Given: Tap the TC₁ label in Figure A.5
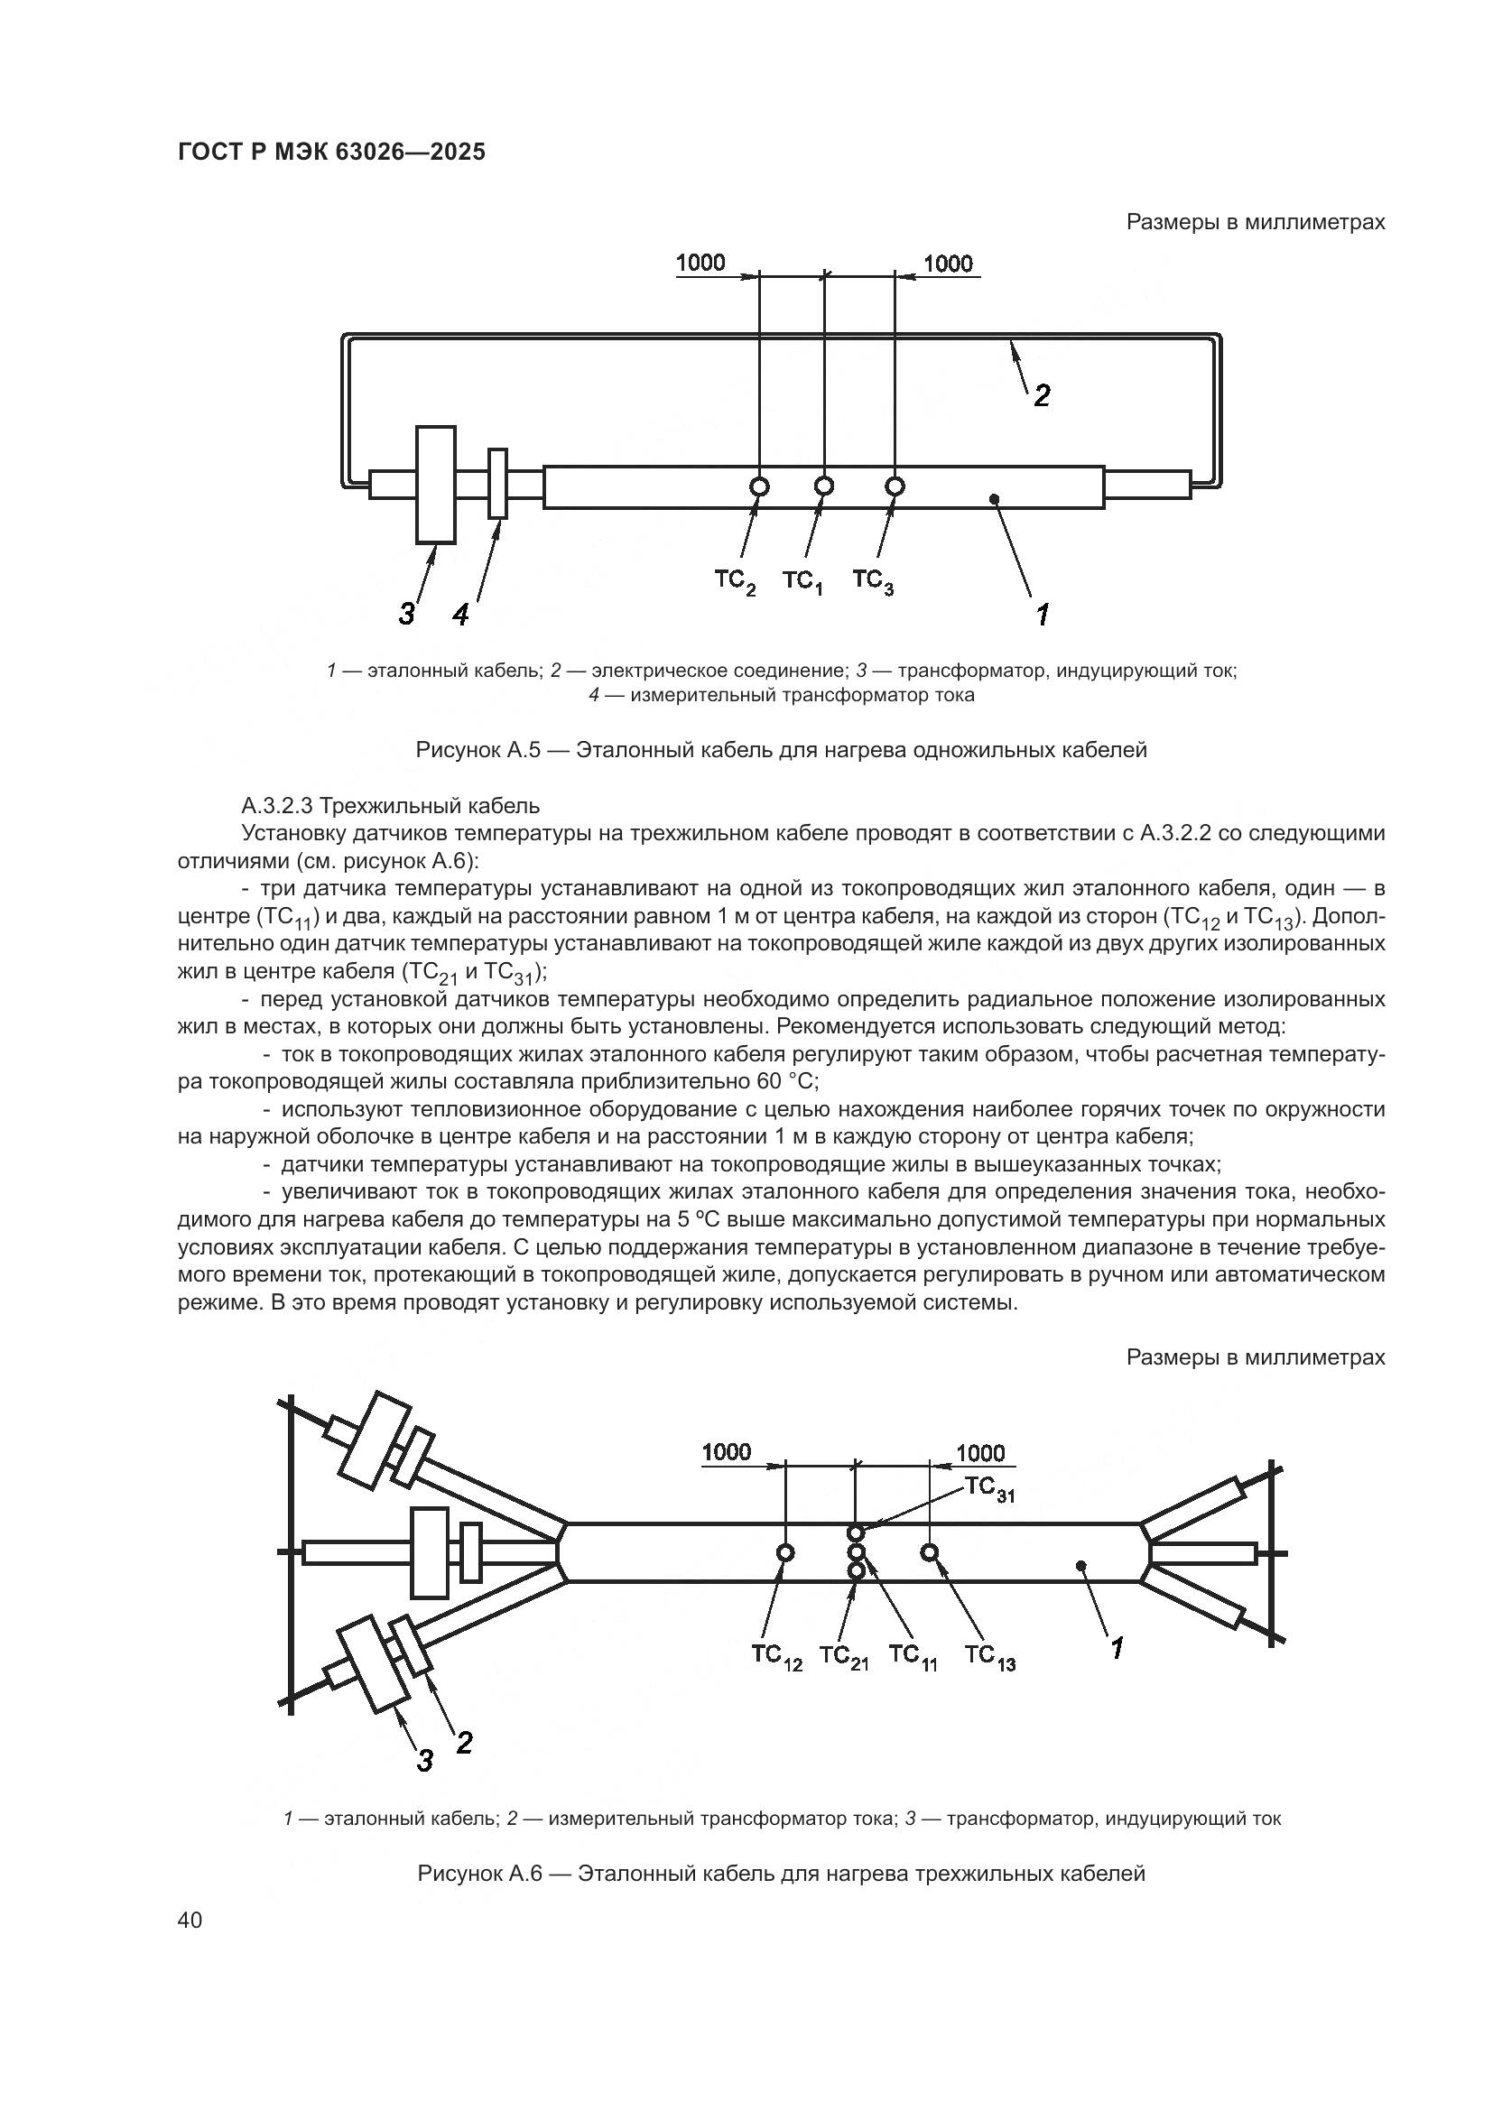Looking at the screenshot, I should point(802,583).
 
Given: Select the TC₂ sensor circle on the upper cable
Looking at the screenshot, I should point(759,486).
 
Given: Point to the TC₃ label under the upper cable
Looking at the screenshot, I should point(873,582).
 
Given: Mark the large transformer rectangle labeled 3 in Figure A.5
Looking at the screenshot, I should point(436,485).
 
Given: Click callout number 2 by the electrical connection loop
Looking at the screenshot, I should point(1042,396).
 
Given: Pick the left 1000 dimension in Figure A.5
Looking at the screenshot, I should point(700,263).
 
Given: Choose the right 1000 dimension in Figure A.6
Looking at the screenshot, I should point(981,1453).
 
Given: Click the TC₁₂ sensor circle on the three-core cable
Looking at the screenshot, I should point(786,1553).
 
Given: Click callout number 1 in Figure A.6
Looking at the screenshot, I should point(1117,1649).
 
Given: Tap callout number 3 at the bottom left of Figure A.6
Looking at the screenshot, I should point(425,1761).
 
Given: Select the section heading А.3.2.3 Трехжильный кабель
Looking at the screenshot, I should point(391,806).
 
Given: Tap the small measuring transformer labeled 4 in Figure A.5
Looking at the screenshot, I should point(497,484).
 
